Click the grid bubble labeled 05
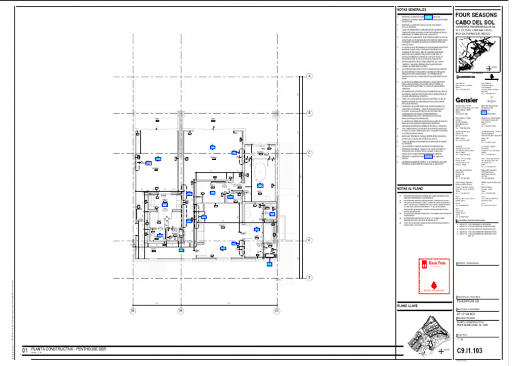[133, 310]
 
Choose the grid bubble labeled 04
[201, 310]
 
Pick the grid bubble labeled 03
[276, 310]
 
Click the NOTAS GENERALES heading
[413, 10]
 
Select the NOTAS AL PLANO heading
[411, 189]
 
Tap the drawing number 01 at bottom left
[25, 350]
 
